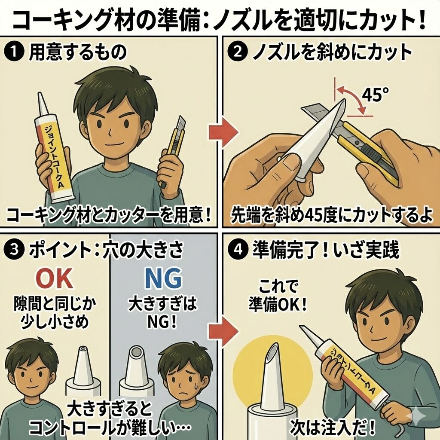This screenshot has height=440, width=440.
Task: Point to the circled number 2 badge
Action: [x=237, y=52]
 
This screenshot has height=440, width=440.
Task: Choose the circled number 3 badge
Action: [x=13, y=250]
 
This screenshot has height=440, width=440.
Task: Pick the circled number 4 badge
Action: [x=237, y=249]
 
